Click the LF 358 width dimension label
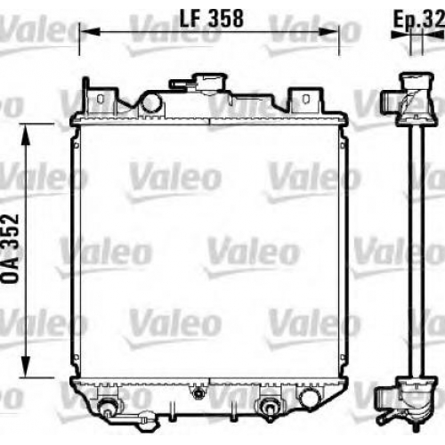point(212,19)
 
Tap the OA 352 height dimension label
point(11,248)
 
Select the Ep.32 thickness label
point(419,19)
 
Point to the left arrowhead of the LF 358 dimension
point(90,32)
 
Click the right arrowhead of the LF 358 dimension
point(328,32)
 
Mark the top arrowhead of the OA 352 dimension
point(26,134)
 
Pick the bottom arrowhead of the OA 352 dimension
point(26,367)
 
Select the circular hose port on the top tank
point(152,102)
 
